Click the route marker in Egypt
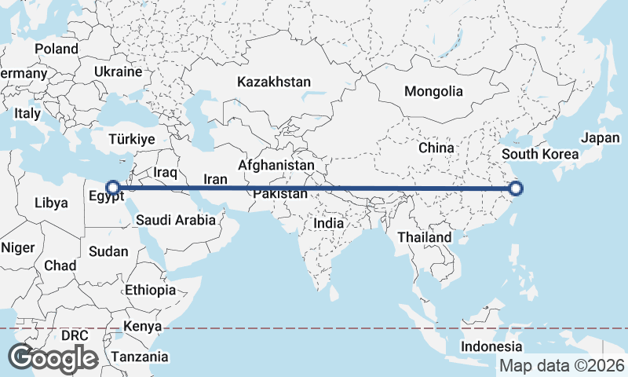pyautogui.click(x=113, y=188)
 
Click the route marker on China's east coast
pyautogui.click(x=516, y=188)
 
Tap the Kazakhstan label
pyautogui.click(x=274, y=82)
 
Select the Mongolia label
pyautogui.click(x=433, y=91)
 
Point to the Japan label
pyautogui.click(x=601, y=138)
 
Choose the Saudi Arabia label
pyautogui.click(x=175, y=221)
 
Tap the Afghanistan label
pyautogui.click(x=276, y=166)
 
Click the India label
pyautogui.click(x=328, y=223)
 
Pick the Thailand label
pyautogui.click(x=425, y=237)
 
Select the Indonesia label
pyautogui.click(x=491, y=346)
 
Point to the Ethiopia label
pyautogui.click(x=150, y=290)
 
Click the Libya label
pyautogui.click(x=51, y=203)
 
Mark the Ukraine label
pyautogui.click(x=118, y=71)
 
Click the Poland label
pyautogui.click(x=57, y=49)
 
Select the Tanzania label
pyautogui.click(x=139, y=357)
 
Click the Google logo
pyautogui.click(x=53, y=358)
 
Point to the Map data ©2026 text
pyautogui.click(x=562, y=366)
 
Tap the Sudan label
pyautogui.click(x=103, y=252)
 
